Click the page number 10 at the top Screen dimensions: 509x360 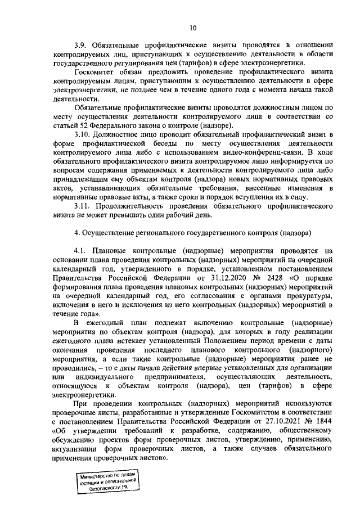[x=193, y=27]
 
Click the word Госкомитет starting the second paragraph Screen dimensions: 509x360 [x=93, y=72]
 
